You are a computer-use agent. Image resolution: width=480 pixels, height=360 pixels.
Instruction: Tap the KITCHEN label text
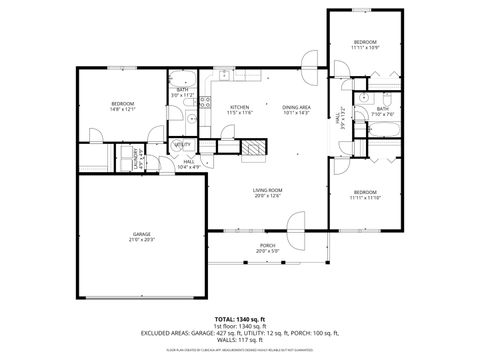click(239, 107)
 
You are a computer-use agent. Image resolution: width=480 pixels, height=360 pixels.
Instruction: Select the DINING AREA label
click(296, 107)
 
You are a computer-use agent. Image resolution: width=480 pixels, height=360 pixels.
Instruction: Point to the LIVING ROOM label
click(266, 190)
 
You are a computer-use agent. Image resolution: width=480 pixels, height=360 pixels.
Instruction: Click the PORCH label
click(267, 245)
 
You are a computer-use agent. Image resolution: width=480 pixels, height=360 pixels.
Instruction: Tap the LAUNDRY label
click(133, 158)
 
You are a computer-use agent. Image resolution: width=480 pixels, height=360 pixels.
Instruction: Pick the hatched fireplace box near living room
click(256, 149)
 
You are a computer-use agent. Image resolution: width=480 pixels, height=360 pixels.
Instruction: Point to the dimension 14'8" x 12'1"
click(122, 110)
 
